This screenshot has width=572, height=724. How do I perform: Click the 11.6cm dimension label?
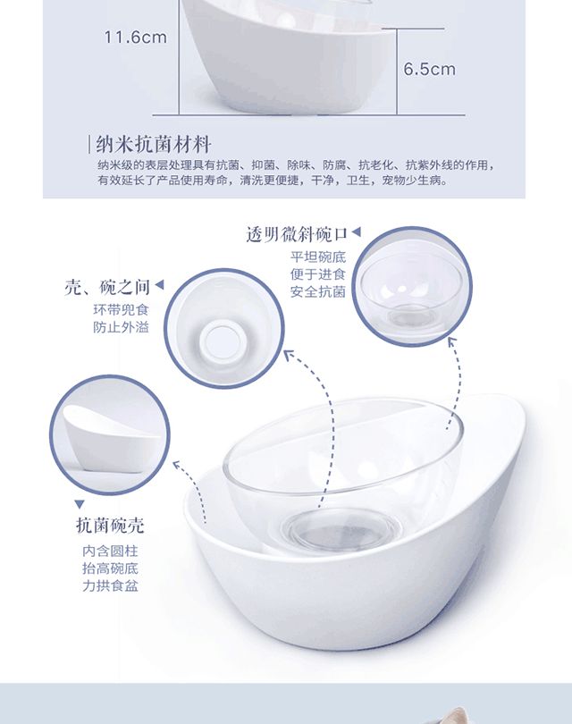pos(135,38)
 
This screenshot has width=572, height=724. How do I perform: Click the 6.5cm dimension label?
pos(429,69)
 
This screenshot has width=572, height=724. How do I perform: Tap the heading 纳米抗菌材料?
pos(154,145)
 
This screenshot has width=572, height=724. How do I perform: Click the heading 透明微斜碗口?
pos(297,234)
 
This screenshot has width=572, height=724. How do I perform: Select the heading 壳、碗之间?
pos(107,287)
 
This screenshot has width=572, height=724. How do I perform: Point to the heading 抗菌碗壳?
pos(110,526)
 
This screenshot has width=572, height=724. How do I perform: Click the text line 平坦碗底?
pos(317,257)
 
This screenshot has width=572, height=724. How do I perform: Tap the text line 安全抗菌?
pos(317,291)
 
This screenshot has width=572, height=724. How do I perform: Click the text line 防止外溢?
pos(121,327)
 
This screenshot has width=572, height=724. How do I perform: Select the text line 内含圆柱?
pos(110,551)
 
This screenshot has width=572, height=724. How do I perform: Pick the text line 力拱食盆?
pos(110,586)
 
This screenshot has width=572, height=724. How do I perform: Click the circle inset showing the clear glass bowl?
pos(412,286)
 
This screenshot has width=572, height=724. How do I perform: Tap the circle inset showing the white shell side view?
pos(110,435)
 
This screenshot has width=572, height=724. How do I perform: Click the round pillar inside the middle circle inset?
pos(221,341)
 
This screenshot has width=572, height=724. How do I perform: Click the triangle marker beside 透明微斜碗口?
pos(356,232)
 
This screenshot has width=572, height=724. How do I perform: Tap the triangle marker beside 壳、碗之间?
pos(159,285)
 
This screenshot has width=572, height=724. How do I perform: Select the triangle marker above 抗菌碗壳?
pos(80,504)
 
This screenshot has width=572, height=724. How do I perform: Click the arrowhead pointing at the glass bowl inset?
pos(452,341)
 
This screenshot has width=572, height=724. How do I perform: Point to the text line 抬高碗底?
pos(110,568)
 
